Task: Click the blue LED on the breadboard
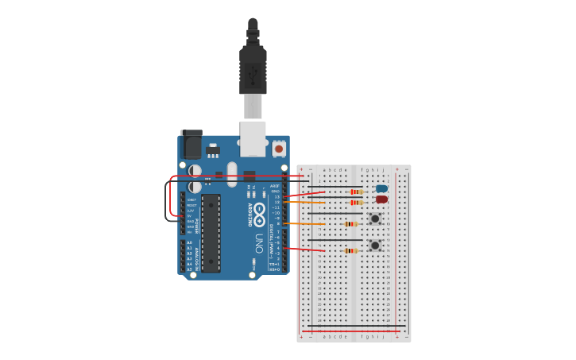[x=382, y=188]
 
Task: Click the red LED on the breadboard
[x=382, y=199]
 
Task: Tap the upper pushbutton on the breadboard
[x=374, y=219]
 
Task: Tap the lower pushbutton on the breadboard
[x=374, y=246]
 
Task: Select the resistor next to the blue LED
[x=357, y=192]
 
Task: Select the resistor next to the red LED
[x=357, y=203]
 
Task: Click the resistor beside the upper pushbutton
[x=351, y=224]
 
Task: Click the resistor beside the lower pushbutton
[x=350, y=251]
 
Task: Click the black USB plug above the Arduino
[x=253, y=68]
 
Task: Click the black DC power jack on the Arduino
[x=191, y=145]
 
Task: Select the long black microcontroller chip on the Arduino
[x=211, y=233]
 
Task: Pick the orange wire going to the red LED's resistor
[x=314, y=203]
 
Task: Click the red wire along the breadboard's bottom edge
[x=350, y=331]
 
